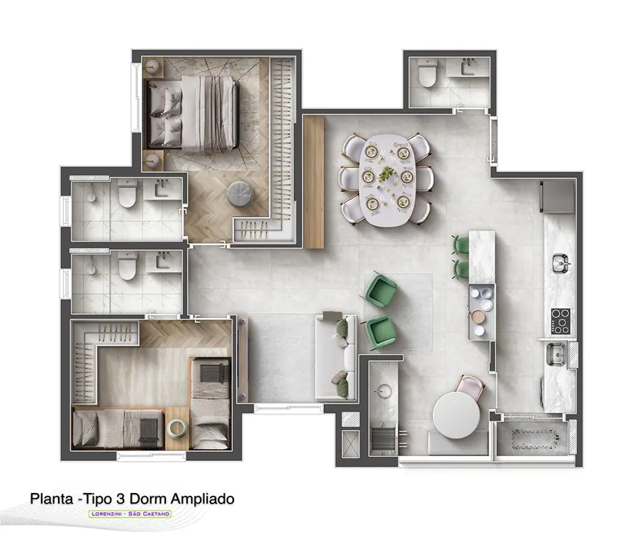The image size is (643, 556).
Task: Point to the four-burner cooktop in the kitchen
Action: click(560, 321)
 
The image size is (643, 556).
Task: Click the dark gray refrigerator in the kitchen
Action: click(558, 197)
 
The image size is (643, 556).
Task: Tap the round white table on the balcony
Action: click(457, 415)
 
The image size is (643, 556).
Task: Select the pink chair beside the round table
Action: click(470, 387)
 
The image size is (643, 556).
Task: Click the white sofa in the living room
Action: click(335, 356)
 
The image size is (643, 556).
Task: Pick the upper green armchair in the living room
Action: click(381, 290)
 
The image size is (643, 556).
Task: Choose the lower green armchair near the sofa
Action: click(381, 332)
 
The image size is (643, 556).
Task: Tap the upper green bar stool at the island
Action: click(461, 244)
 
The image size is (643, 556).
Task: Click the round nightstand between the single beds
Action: click(177, 429)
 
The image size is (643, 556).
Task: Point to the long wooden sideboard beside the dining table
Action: click(314, 181)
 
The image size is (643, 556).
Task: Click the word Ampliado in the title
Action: click(203, 499)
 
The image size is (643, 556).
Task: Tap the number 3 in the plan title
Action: click(120, 499)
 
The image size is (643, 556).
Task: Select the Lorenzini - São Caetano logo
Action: click(130, 514)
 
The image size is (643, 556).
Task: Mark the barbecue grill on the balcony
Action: click(384, 438)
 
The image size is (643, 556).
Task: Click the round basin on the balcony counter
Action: click(384, 391)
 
